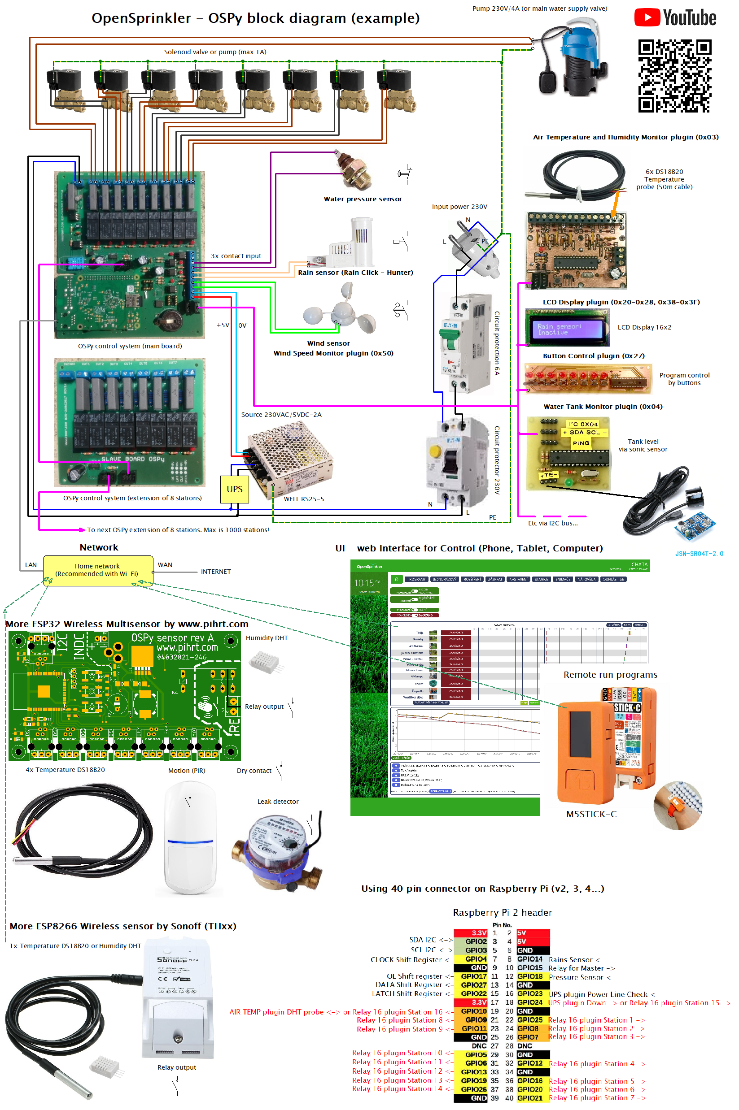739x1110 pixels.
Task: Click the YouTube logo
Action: tap(675, 17)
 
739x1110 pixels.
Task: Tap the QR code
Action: tap(674, 76)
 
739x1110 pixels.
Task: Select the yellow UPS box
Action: tap(234, 489)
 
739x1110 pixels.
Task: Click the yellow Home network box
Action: tap(97, 570)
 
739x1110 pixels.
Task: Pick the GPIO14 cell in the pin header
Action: tap(530, 959)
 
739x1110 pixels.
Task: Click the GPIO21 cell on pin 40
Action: tap(530, 1098)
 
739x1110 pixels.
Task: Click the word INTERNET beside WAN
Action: tap(216, 572)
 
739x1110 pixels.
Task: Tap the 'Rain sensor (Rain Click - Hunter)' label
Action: tap(355, 272)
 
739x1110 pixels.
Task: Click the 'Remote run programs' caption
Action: tap(610, 674)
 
